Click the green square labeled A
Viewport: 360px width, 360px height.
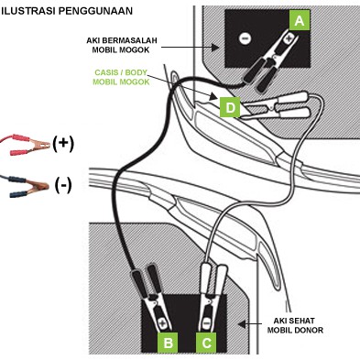point(300,20)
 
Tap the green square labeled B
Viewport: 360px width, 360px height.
point(168,343)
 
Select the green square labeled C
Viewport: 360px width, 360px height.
point(206,343)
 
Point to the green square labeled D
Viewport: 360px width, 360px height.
point(230,107)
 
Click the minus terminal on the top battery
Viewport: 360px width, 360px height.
point(245,38)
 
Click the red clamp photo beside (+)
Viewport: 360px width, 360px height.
point(25,145)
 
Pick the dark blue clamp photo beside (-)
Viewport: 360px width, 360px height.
point(25,185)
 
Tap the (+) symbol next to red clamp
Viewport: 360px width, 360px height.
point(63,144)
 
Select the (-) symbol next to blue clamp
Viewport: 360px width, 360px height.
point(63,185)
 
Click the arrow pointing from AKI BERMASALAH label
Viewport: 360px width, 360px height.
point(190,47)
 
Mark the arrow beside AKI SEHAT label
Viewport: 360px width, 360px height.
point(250,324)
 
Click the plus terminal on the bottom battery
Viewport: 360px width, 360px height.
point(162,322)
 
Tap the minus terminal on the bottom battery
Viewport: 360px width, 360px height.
point(206,322)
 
